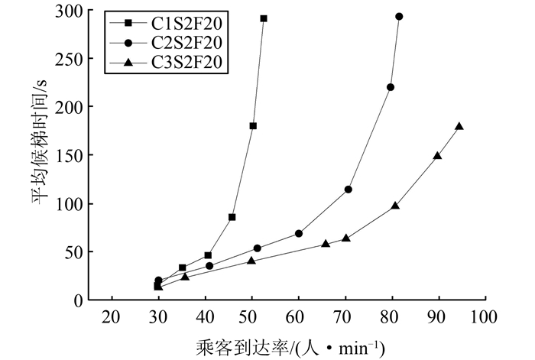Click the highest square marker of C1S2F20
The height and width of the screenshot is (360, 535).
[264, 18]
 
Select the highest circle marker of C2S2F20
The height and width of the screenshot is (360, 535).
[399, 16]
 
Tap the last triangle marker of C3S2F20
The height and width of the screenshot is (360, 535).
[459, 126]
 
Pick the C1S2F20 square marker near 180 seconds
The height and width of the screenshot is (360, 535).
[253, 126]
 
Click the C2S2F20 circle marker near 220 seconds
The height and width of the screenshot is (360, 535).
[391, 87]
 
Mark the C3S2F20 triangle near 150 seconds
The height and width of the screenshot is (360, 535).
[437, 155]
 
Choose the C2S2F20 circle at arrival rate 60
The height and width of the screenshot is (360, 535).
[298, 234]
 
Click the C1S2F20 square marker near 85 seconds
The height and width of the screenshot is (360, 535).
[232, 217]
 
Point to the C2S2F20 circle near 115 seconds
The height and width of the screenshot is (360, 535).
[348, 190]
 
